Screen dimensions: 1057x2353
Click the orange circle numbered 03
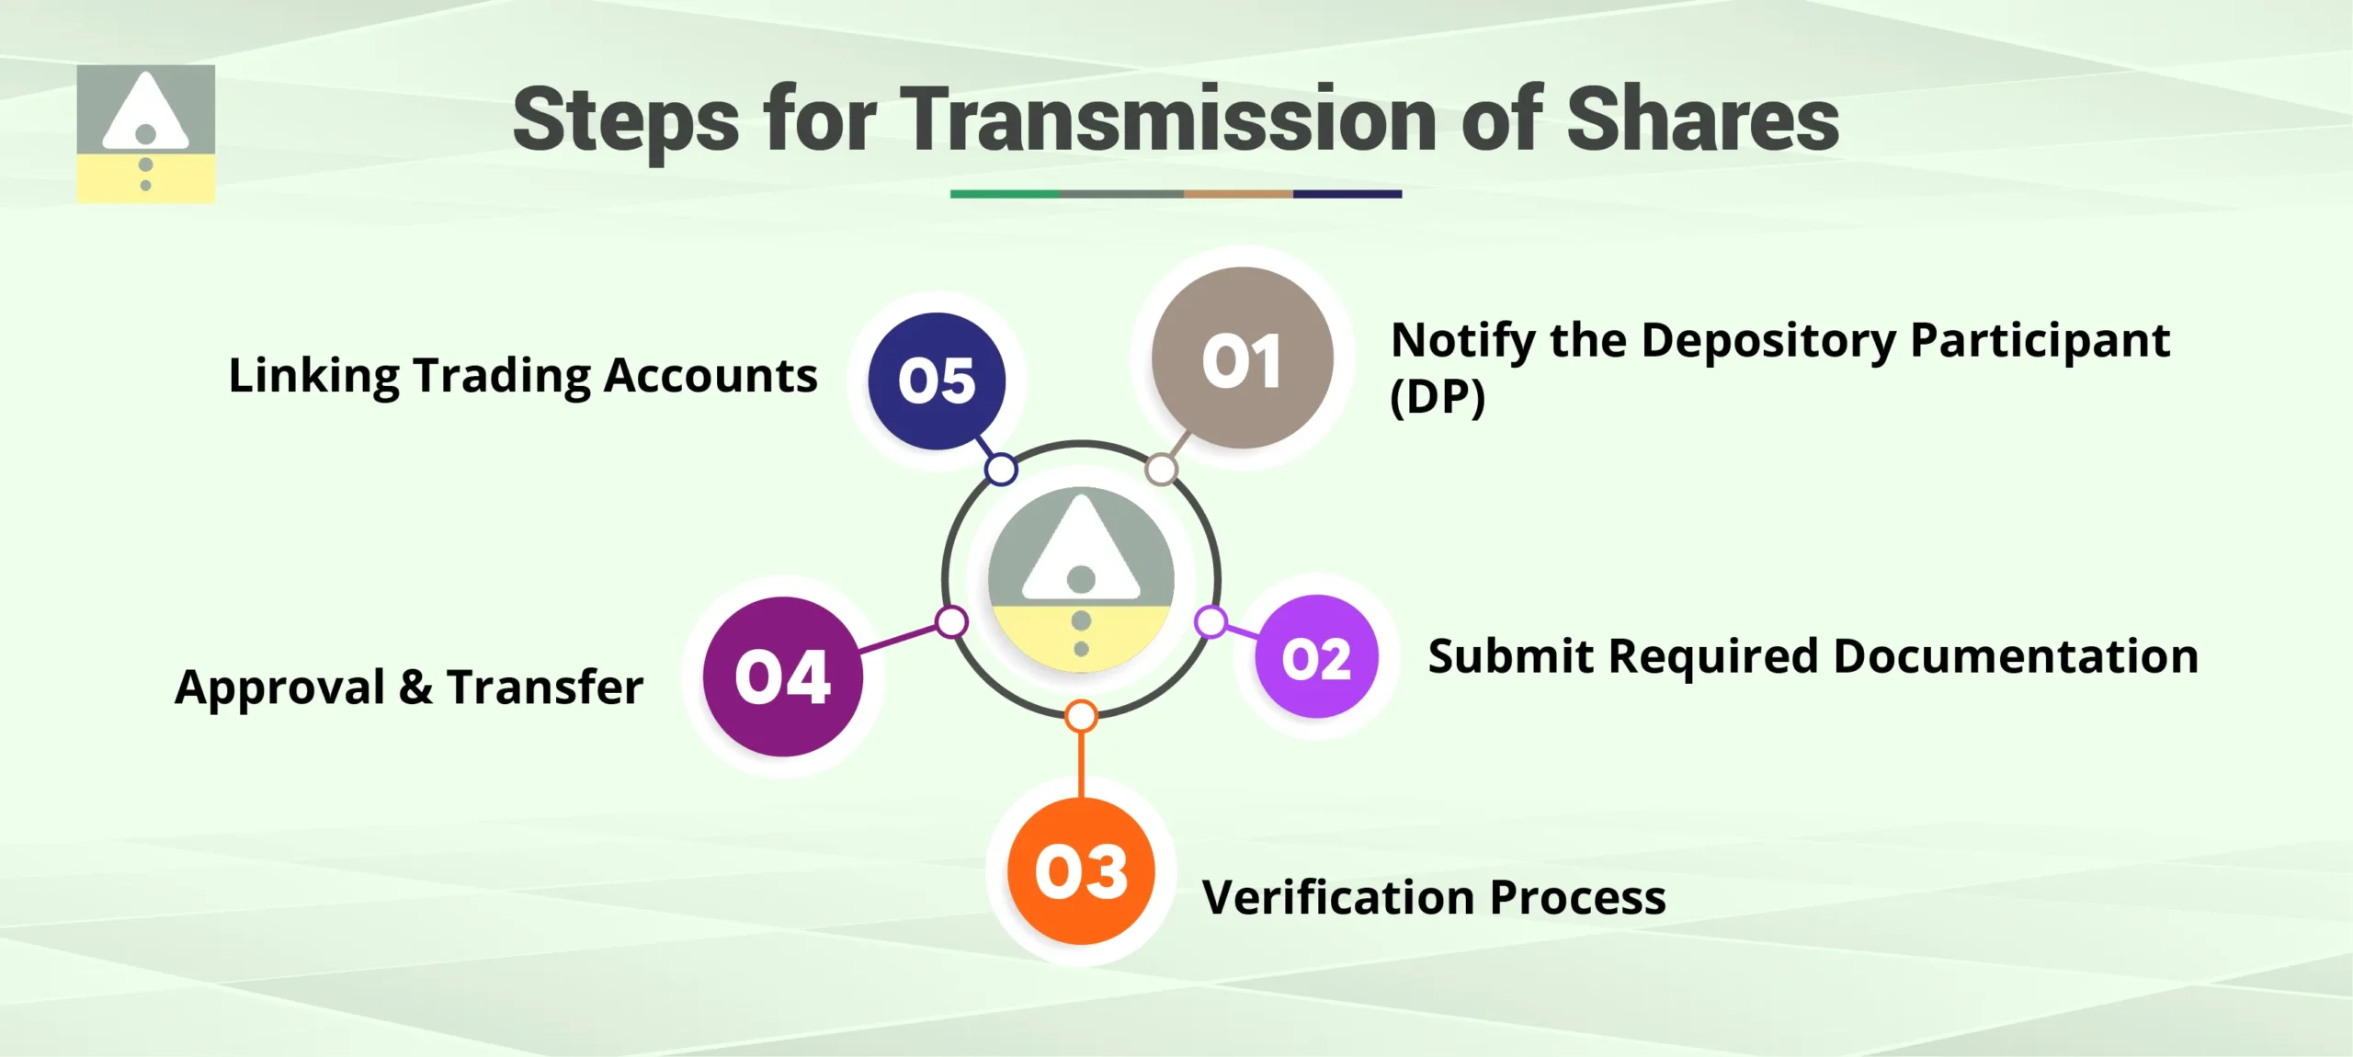(1081, 870)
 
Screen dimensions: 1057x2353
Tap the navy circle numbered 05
(937, 381)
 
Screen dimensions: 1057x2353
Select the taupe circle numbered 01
(1242, 358)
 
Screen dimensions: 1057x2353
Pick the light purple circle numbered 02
(1316, 657)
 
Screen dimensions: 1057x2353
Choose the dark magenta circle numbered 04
(782, 677)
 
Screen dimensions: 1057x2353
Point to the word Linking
(313, 376)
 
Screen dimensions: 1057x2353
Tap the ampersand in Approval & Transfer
(415, 687)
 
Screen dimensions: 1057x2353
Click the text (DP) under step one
(1437, 398)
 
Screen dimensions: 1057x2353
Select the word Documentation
(2016, 656)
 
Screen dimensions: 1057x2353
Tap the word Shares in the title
(1702, 119)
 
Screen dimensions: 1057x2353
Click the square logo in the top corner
(146, 134)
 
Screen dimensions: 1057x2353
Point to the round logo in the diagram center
(1081, 580)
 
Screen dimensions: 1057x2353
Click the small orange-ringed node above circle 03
(1081, 716)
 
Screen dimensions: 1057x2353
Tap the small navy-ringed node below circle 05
(1001, 469)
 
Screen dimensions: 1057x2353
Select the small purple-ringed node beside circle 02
(1211, 622)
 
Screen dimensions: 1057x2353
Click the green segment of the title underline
(1005, 194)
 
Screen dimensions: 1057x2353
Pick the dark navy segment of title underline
(1347, 194)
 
